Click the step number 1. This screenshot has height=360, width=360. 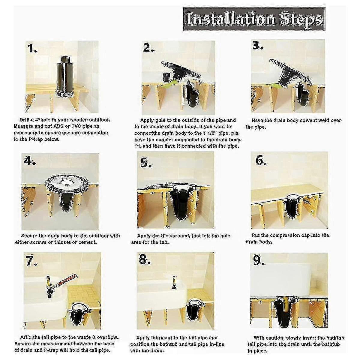tap(32, 49)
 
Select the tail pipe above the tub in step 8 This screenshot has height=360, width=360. tap(173, 282)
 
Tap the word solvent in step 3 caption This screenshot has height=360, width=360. tap(304, 120)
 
